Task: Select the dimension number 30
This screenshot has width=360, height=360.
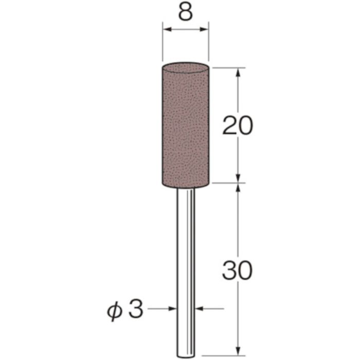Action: click(237, 269)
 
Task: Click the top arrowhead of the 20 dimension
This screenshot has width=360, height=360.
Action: click(238, 71)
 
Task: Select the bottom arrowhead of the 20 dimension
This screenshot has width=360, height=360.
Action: click(238, 177)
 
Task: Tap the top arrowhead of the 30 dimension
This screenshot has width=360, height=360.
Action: click(238, 188)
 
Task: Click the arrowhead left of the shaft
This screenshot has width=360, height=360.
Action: click(172, 309)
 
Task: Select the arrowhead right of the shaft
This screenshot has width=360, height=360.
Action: click(199, 309)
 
